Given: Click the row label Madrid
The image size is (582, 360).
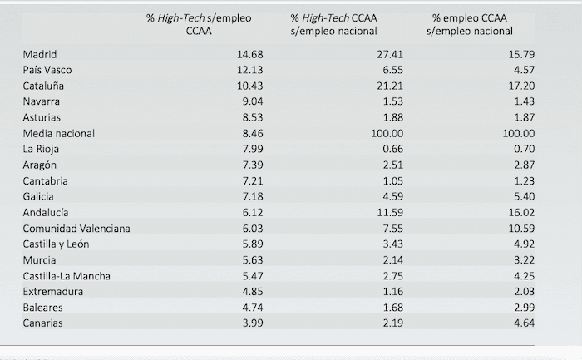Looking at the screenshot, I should coord(39,54).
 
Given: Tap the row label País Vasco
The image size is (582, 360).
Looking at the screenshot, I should coord(47,70).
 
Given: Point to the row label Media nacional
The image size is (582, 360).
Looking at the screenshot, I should coord(59,133).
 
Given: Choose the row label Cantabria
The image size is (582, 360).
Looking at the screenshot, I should coord(46,180).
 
